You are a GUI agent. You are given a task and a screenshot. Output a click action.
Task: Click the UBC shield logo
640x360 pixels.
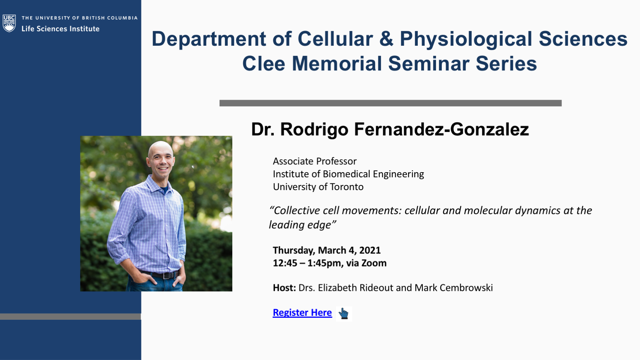(x=9, y=23)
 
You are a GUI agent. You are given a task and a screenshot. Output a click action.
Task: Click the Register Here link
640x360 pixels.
(x=302, y=313)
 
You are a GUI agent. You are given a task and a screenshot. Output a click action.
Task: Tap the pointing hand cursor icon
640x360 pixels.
(x=343, y=313)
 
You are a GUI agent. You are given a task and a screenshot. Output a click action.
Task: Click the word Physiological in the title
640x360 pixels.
(x=466, y=40)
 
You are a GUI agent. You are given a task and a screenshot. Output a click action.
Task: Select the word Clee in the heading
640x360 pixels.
(x=263, y=64)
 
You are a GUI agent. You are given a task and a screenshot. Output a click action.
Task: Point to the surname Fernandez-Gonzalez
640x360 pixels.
(x=441, y=130)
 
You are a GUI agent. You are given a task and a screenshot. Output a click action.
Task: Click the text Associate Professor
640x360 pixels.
(x=315, y=161)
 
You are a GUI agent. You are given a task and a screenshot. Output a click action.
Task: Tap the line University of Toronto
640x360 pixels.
(x=318, y=187)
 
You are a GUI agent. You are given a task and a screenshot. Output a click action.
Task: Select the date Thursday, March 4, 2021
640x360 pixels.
(x=327, y=250)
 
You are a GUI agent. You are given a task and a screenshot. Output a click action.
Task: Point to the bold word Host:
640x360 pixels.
(x=284, y=288)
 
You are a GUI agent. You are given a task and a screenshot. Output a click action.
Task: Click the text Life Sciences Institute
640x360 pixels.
(x=61, y=29)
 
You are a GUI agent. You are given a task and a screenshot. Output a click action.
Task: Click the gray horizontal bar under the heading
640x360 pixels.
(x=391, y=103)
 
